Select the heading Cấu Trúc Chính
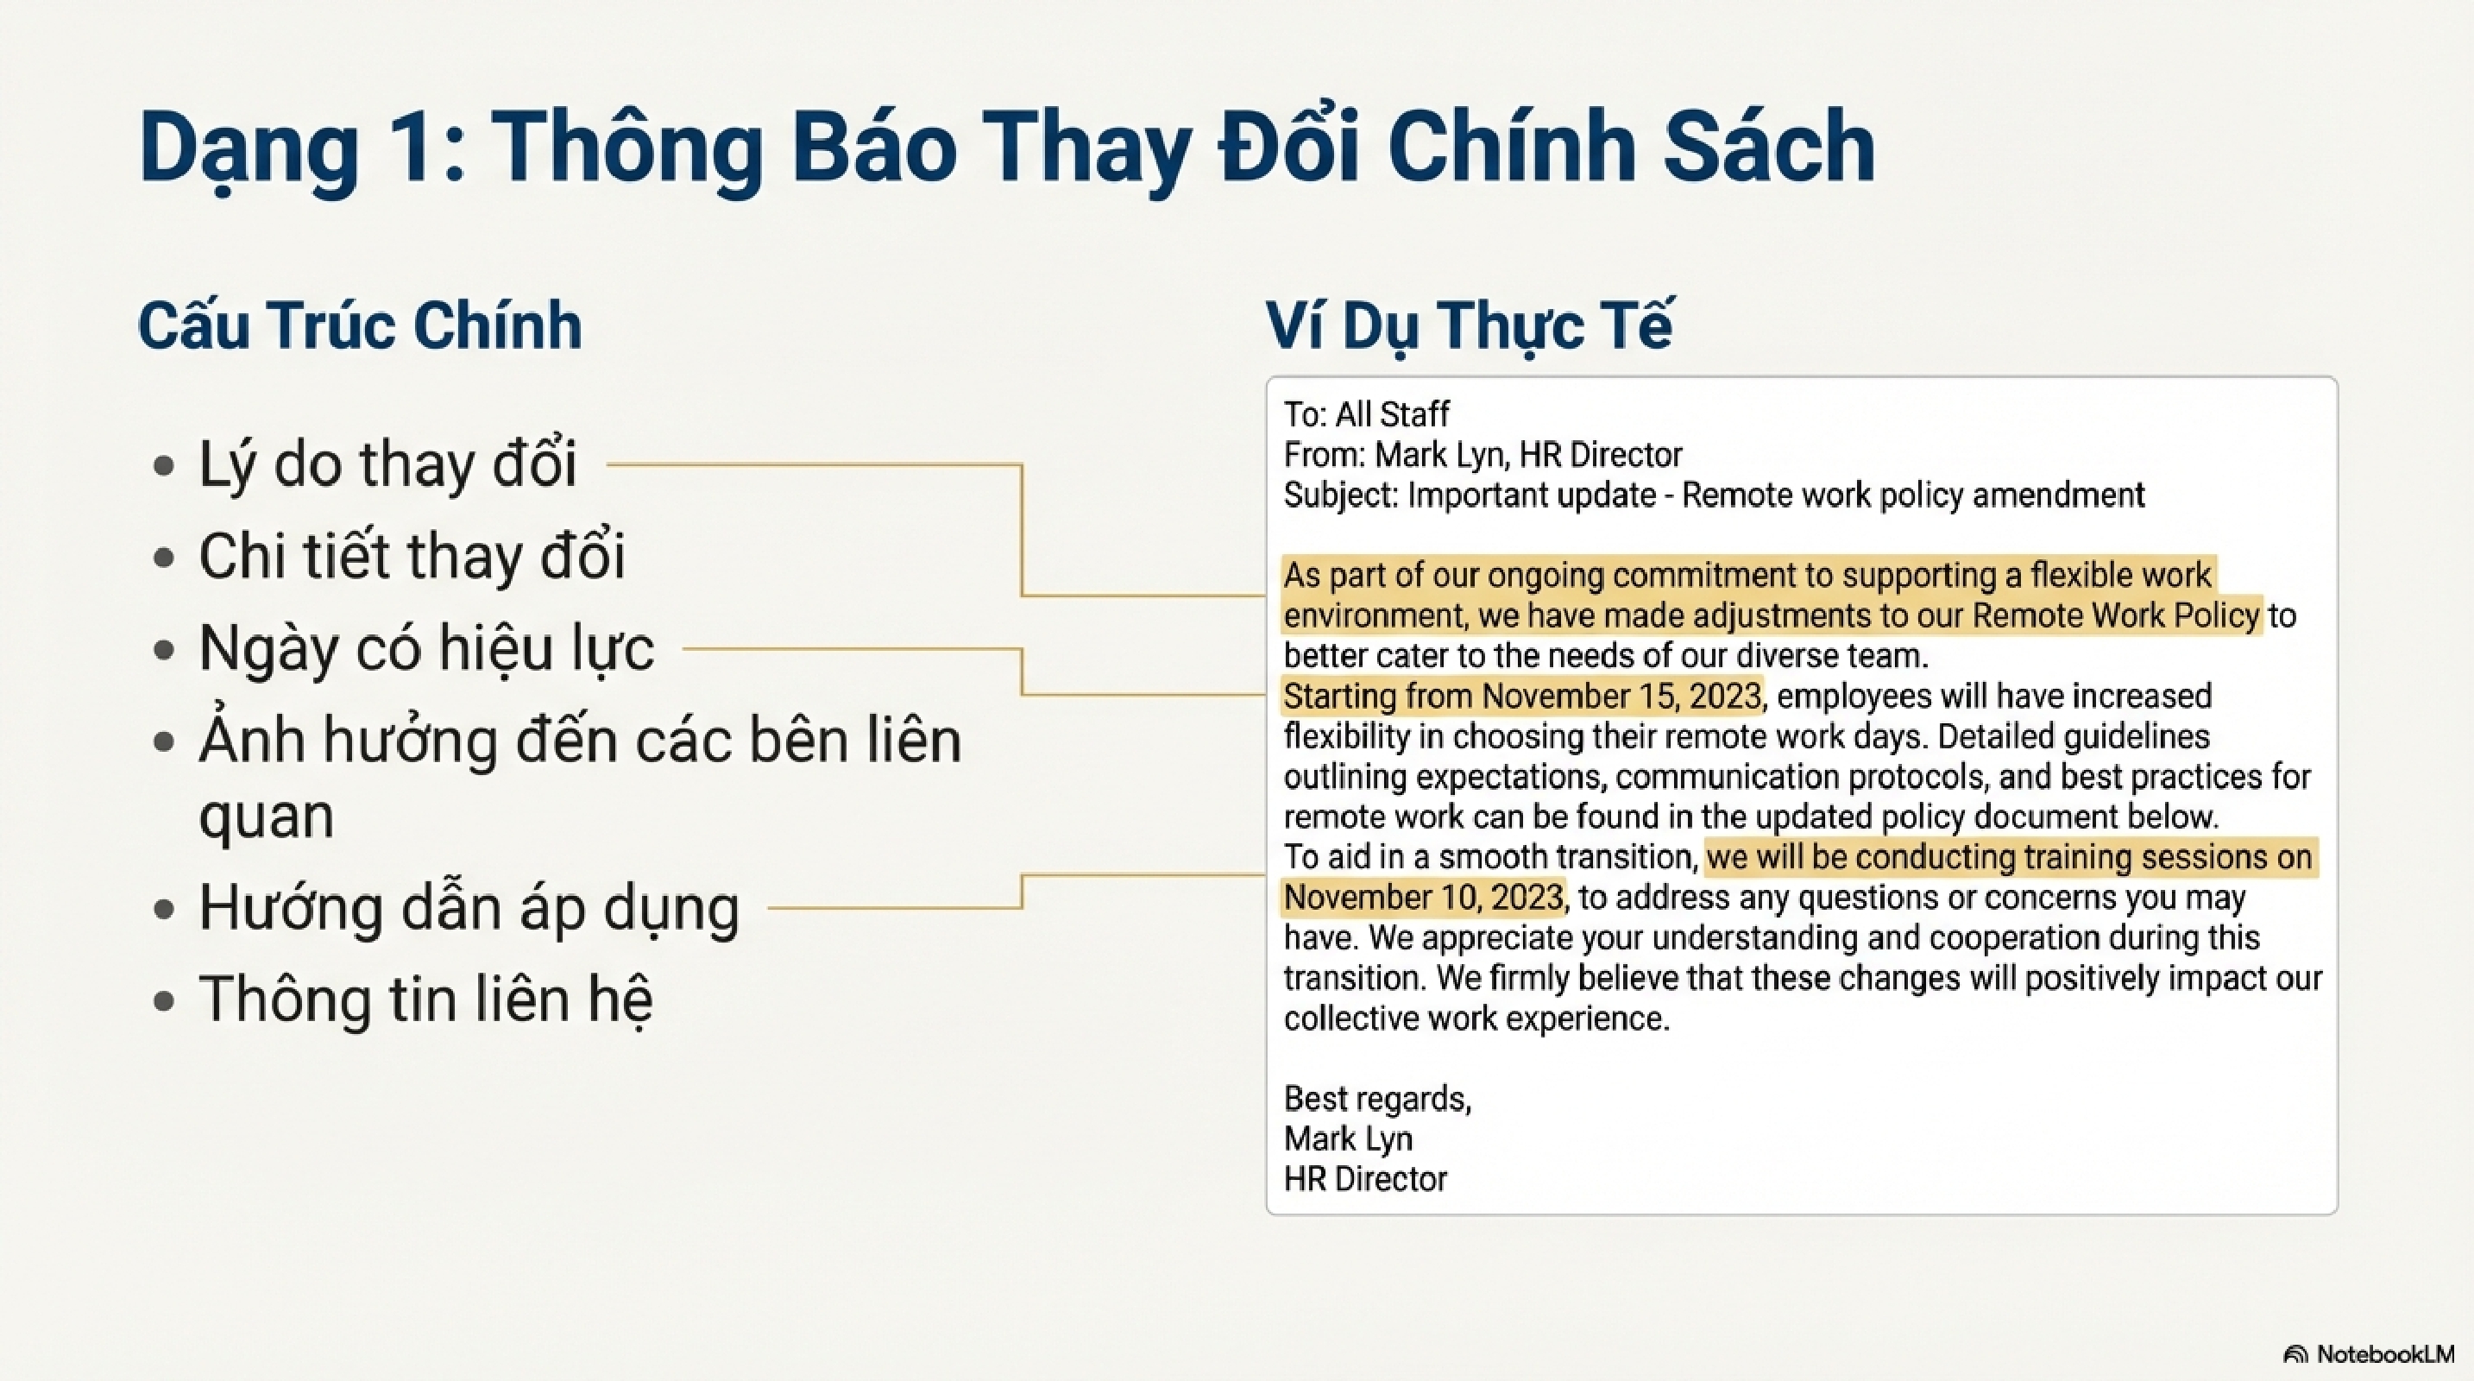[x=360, y=325]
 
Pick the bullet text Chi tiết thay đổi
[x=412, y=556]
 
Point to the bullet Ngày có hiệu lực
[x=426, y=648]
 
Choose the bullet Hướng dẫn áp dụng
[x=469, y=907]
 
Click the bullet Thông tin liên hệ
[x=425, y=999]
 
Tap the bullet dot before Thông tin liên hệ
[x=164, y=1000]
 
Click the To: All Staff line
[x=1366, y=415]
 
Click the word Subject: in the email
[x=1342, y=495]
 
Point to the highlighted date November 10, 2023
[x=1423, y=898]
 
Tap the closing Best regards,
[x=1377, y=1099]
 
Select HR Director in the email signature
[x=1365, y=1179]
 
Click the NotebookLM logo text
[x=2384, y=1354]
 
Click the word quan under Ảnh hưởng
[x=266, y=817]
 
